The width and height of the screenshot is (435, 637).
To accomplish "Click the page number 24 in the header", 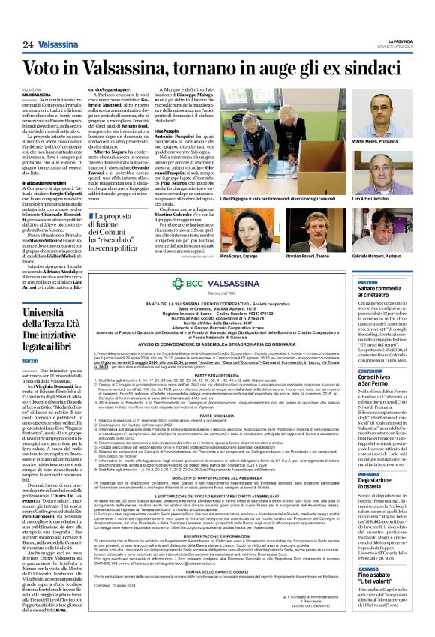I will [28, 44].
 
